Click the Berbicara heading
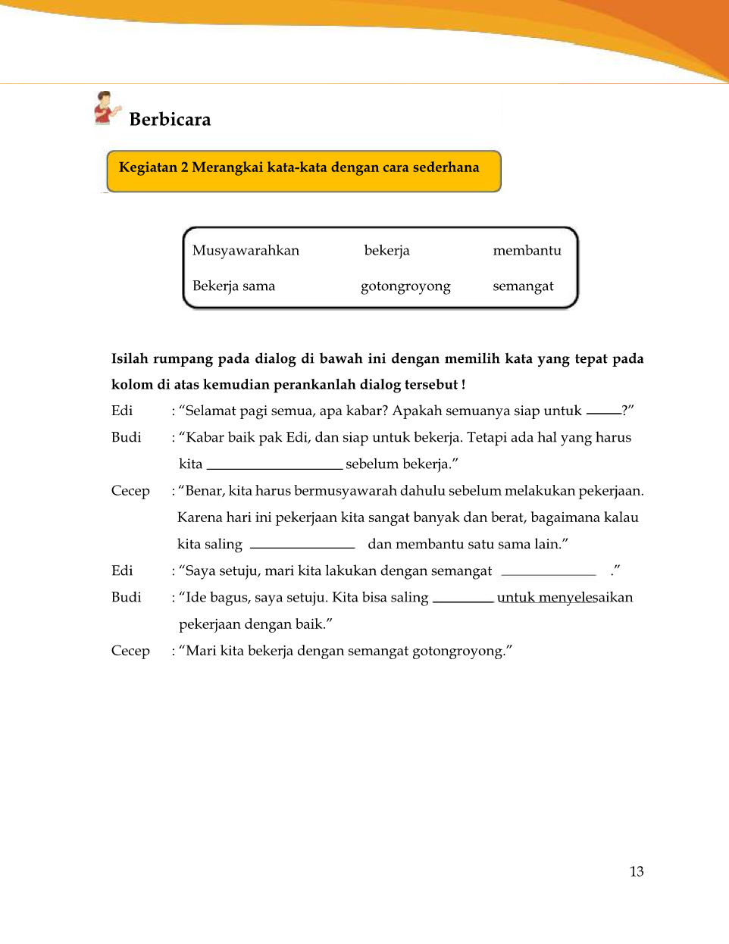(x=170, y=120)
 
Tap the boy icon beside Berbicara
(x=106, y=108)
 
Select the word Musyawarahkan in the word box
(x=246, y=251)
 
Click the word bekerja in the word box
(x=386, y=251)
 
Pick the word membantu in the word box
(x=527, y=251)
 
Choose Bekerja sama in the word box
(x=233, y=286)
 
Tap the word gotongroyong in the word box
(x=405, y=286)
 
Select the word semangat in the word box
(x=523, y=286)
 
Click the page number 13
(x=637, y=871)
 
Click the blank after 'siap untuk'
(x=604, y=412)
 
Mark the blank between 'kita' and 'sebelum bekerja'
(x=274, y=467)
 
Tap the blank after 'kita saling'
(x=302, y=546)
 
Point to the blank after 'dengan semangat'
(x=549, y=574)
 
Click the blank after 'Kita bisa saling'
(x=463, y=600)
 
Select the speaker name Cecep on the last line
(x=130, y=651)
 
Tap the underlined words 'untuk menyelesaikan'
(x=565, y=598)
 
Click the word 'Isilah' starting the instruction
(x=130, y=358)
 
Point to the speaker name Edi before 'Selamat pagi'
(x=122, y=411)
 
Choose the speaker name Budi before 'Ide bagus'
(x=126, y=597)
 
